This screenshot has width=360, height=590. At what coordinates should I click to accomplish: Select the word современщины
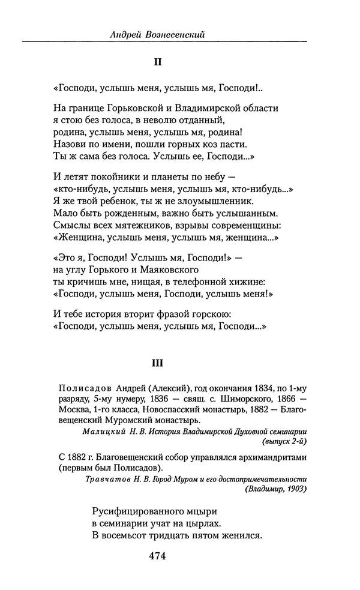pos(247,226)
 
